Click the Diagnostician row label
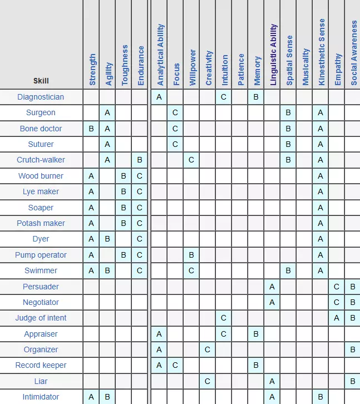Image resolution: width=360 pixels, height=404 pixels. (41, 97)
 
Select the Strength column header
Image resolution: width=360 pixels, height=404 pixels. (92, 70)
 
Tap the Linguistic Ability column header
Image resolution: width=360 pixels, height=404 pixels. (273, 55)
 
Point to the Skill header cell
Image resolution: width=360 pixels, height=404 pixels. (41, 81)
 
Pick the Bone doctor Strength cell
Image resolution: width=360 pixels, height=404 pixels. (91, 129)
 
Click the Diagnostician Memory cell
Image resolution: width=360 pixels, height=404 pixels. (256, 97)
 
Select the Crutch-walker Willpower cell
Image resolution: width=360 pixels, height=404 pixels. (191, 160)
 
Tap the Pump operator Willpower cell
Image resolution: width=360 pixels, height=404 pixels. (191, 255)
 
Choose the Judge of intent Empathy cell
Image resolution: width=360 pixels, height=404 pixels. (336, 318)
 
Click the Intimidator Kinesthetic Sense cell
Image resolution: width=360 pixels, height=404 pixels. (320, 397)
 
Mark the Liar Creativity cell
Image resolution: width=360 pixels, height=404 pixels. (207, 381)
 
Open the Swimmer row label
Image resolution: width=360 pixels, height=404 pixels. (41, 270)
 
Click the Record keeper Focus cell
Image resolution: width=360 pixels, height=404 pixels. (175, 366)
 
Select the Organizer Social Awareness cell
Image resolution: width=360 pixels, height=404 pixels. (352, 349)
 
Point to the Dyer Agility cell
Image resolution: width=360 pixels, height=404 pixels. (108, 239)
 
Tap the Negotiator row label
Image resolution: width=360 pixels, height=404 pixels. (41, 302)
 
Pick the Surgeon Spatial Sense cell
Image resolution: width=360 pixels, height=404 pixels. (288, 112)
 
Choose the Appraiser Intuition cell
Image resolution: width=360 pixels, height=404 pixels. (223, 334)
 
